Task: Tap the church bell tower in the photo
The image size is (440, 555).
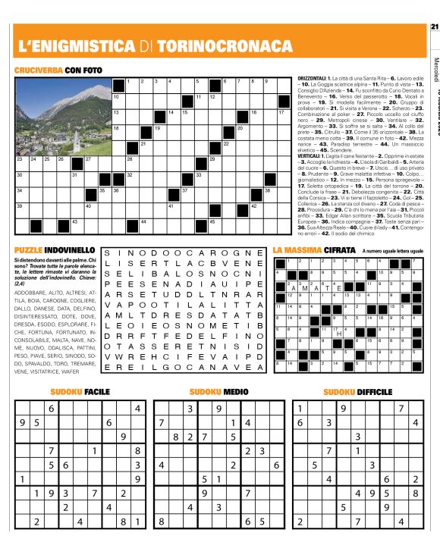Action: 76,137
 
